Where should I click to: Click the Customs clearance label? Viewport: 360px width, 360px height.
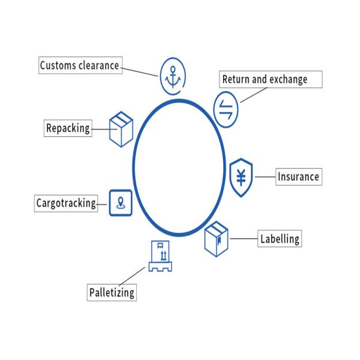point(80,65)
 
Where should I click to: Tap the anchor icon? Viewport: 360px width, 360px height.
point(173,76)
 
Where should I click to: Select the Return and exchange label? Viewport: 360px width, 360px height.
point(264,79)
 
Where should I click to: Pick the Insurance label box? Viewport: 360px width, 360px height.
point(298,177)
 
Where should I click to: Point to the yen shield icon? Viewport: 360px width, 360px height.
point(241,178)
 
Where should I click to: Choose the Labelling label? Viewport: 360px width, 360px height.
point(279,238)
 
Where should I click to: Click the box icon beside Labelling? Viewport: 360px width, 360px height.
point(217,238)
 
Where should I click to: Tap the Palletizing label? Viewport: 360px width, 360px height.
point(112,293)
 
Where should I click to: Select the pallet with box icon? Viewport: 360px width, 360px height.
point(160,256)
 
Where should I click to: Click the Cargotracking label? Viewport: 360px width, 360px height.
point(66,203)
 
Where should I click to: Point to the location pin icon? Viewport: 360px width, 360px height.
point(121,202)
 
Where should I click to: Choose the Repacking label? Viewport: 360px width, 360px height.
point(68,128)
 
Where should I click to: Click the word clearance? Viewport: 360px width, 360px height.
point(99,65)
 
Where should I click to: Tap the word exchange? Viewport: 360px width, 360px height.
point(287,79)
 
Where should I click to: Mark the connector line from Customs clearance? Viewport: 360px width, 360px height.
point(141,71)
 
